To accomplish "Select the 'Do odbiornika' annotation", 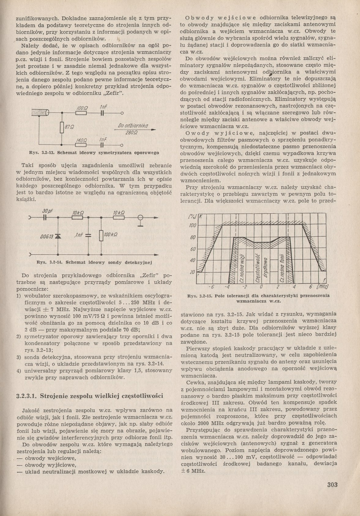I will pyautogui.click(x=133, y=126).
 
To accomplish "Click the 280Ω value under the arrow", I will pyautogui.click(x=132, y=133).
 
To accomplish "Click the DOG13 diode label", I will pyautogui.click(x=47, y=237).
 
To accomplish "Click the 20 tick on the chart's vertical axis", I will pyautogui.click(x=192, y=272).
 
